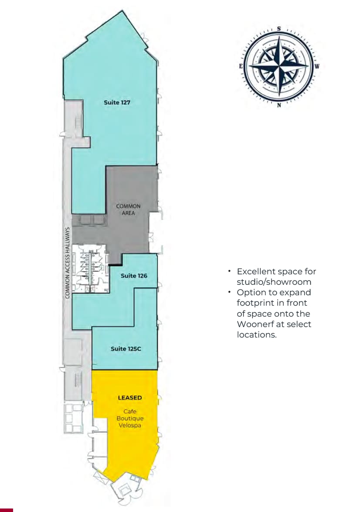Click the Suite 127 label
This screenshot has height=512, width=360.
tap(117, 102)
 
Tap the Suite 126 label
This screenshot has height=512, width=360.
tap(134, 276)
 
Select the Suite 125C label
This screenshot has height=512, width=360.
tap(125, 348)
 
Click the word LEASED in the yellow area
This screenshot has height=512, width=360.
tap(130, 398)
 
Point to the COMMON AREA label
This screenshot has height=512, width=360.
tap(128, 209)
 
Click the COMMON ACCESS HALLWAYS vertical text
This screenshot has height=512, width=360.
tap(68, 263)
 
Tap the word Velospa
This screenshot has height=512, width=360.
tap(130, 425)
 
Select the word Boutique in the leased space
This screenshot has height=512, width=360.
tap(130, 418)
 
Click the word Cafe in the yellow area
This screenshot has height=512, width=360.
tap(130, 411)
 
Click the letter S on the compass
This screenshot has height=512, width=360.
tap(279, 29)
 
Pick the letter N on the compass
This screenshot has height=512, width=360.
tap(279, 105)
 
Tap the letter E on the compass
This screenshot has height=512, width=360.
tap(241, 67)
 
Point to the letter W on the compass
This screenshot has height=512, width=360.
tap(317, 67)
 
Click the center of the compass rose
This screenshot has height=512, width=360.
tap(279, 67)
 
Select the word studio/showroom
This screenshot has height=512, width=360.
tap(274, 282)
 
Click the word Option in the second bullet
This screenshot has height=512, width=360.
tap(249, 292)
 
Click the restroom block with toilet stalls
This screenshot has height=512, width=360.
tap(90, 269)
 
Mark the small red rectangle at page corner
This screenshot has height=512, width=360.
tap(7, 510)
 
